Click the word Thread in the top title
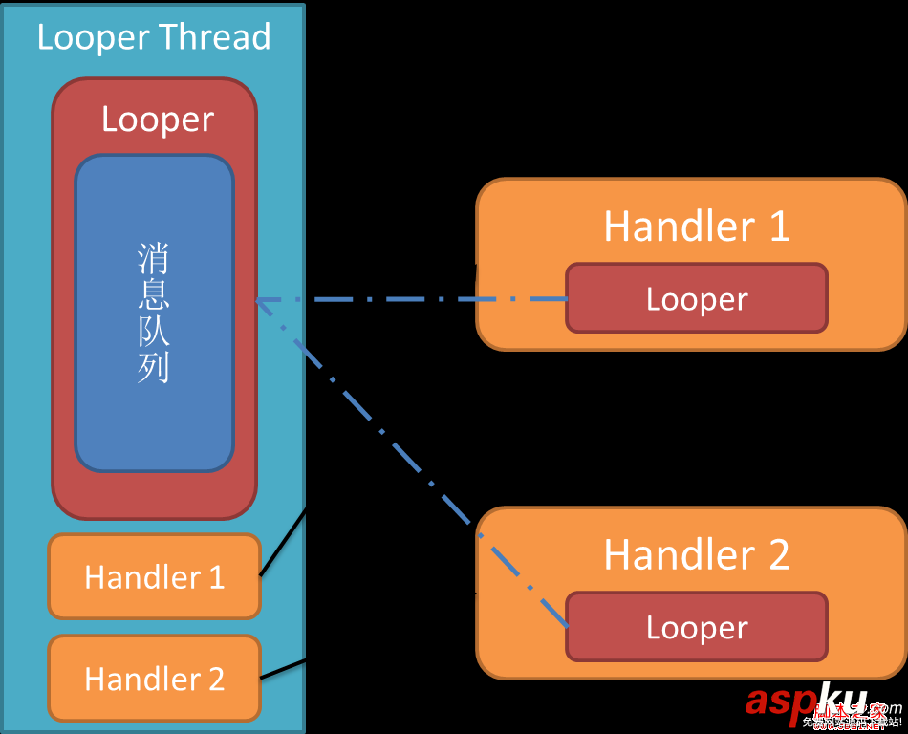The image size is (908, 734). [215, 37]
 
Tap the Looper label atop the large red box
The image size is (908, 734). [158, 119]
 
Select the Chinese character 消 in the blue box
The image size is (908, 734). [154, 258]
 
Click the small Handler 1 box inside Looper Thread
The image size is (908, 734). [154, 576]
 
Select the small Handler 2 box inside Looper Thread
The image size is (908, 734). [154, 678]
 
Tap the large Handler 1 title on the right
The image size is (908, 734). [697, 227]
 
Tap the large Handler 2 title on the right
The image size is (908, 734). [697, 555]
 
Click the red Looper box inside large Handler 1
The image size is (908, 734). [697, 298]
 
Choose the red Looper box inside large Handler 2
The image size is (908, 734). [697, 627]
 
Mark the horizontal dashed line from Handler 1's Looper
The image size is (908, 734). [411, 299]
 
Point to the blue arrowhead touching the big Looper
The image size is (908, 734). [261, 301]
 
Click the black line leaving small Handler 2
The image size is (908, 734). [283, 669]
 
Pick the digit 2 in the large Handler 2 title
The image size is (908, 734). [778, 555]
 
